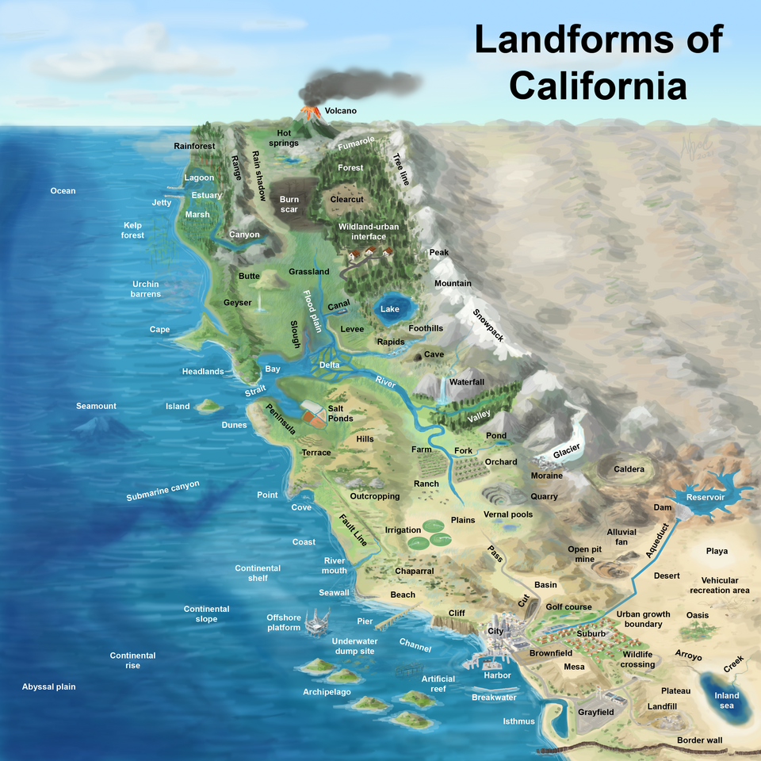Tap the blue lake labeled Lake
click(389, 310)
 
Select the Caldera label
click(629, 469)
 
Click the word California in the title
click(598, 85)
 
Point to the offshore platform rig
click(318, 621)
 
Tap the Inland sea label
click(727, 701)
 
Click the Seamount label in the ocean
click(96, 406)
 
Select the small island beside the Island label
click(209, 405)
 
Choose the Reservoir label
click(706, 497)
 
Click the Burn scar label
click(289, 204)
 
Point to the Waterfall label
click(466, 382)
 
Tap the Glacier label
click(566, 451)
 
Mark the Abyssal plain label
click(49, 686)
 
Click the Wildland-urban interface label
click(369, 231)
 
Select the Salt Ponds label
click(341, 413)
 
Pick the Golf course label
click(569, 607)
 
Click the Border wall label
click(700, 740)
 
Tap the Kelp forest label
click(132, 230)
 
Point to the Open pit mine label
click(584, 554)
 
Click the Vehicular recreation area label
click(719, 585)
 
